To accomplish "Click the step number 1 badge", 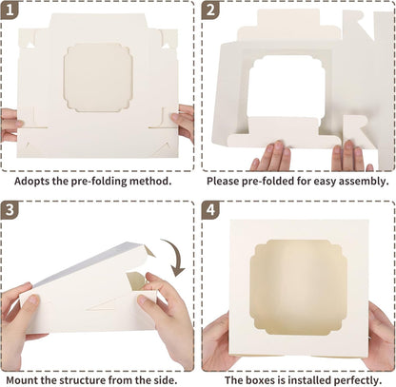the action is (x=10, y=10).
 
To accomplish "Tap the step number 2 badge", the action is (x=210, y=10).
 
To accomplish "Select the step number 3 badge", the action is (x=10, y=209).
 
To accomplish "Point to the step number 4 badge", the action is (x=210, y=209).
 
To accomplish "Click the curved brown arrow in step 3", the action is (x=175, y=255).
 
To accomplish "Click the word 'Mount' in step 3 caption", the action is (x=21, y=380).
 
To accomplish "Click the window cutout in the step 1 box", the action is (x=98, y=78).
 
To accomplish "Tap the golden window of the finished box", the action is (x=298, y=287).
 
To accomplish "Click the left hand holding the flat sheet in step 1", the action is (x=11, y=126).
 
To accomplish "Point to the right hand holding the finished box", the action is (x=380, y=336).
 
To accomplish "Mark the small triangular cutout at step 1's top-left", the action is (x=30, y=45).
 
